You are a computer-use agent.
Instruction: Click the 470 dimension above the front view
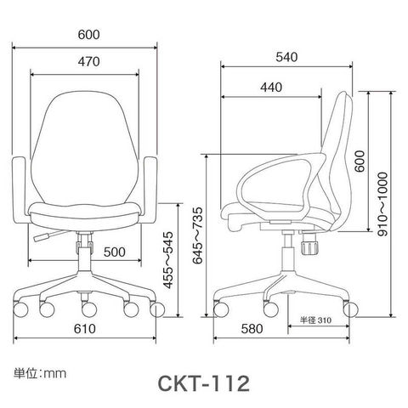[89, 62]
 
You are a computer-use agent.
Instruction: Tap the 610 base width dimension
[85, 329]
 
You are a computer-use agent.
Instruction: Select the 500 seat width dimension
[114, 252]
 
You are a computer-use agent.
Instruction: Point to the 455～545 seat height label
[168, 260]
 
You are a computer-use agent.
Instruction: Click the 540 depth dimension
[286, 57]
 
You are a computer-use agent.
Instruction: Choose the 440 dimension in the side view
[271, 88]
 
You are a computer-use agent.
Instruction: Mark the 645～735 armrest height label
[198, 235]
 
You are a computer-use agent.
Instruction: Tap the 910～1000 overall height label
[382, 204]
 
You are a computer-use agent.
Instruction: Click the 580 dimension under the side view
[252, 329]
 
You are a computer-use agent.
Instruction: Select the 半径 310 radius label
[315, 320]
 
